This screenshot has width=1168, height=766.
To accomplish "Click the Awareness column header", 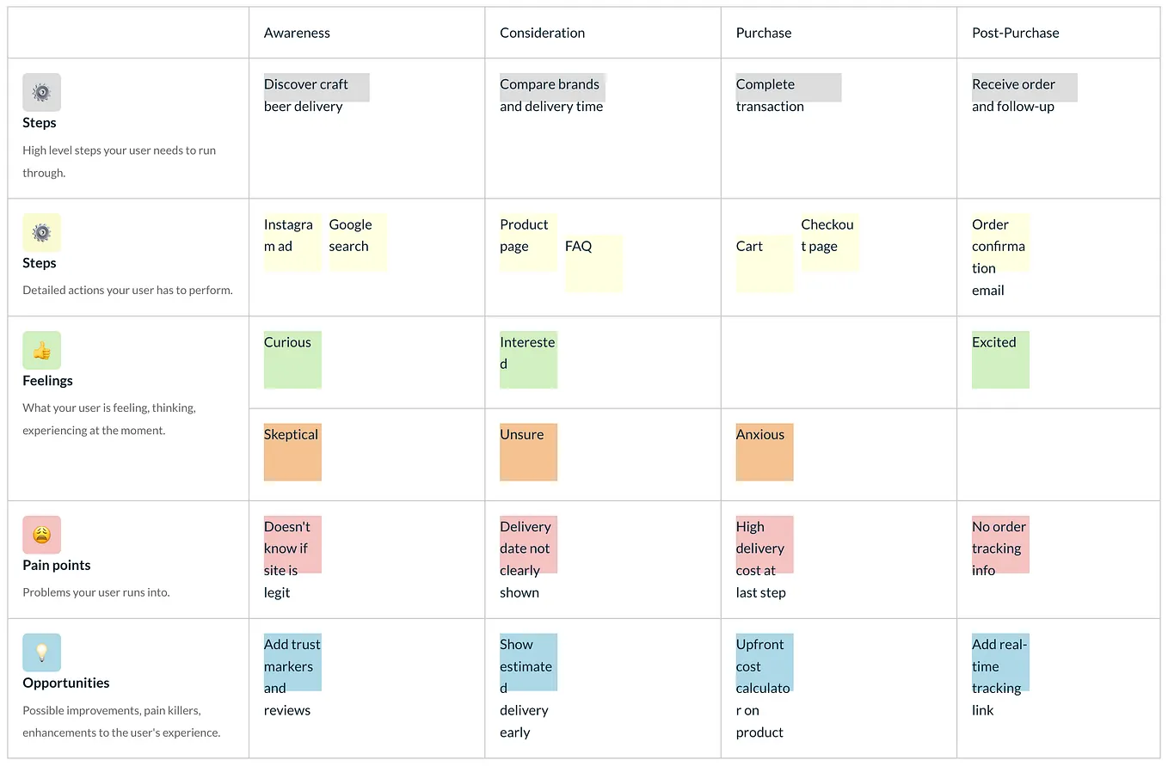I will [297, 33].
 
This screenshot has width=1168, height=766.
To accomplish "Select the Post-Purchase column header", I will [1015, 33].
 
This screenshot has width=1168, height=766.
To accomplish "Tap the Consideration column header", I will [542, 33].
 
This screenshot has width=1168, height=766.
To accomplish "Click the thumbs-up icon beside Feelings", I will [41, 350].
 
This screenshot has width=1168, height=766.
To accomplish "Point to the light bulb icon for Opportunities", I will [41, 653].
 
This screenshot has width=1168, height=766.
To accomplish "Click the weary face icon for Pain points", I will [41, 535].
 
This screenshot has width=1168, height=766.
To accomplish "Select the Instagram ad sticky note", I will [292, 242].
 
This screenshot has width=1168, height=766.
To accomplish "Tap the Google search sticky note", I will [357, 242].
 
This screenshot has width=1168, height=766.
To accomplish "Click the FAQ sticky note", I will [593, 262].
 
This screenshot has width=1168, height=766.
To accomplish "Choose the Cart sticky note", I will [764, 262].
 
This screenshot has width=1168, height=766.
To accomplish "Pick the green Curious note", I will [292, 359].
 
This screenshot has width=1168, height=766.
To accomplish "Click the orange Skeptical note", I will [292, 451].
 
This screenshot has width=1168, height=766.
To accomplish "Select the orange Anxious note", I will [764, 451].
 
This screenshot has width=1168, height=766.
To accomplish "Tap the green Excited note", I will [1000, 359].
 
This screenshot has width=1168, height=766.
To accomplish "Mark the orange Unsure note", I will [528, 451].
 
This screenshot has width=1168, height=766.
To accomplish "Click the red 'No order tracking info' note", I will [1000, 545].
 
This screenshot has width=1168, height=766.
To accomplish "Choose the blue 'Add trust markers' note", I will [292, 663].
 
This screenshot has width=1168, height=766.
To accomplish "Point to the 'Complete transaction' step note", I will [788, 88].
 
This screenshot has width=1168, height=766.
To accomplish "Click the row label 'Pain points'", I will [57, 565].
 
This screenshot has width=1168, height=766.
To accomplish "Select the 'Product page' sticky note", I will [528, 242].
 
